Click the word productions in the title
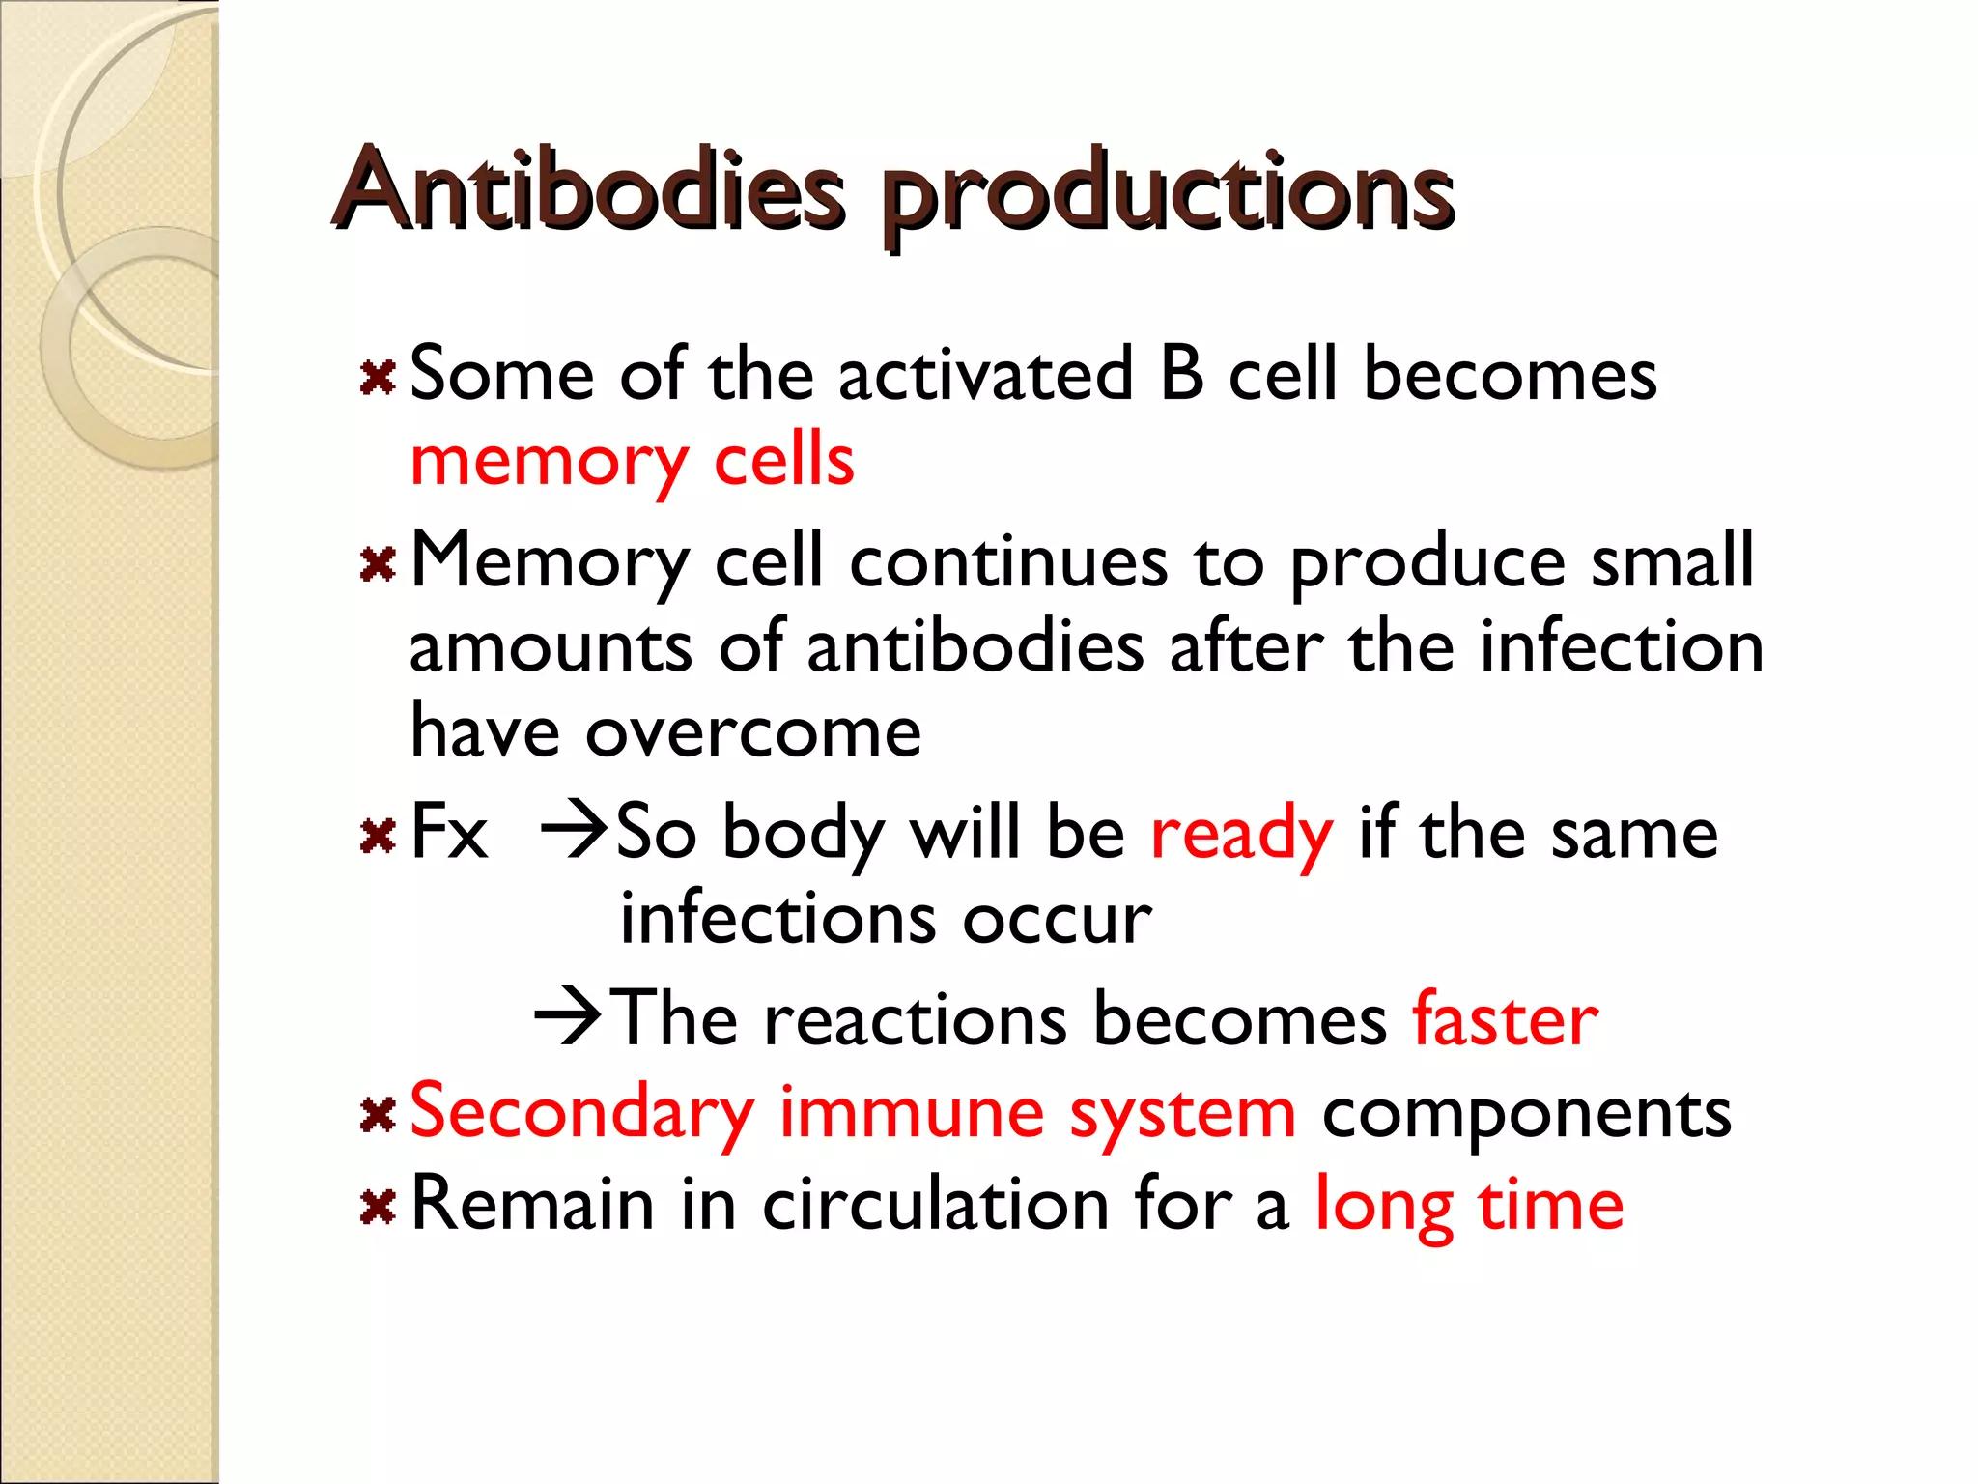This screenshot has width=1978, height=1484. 1167,193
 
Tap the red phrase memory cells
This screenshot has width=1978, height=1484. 632,461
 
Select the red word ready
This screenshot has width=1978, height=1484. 1241,833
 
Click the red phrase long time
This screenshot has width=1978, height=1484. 1469,1205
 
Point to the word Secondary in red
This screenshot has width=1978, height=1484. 581,1113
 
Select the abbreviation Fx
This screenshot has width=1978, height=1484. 449,831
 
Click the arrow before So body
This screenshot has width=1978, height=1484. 574,829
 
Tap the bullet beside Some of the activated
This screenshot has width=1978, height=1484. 378,378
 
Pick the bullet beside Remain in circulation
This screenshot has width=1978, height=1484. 378,1207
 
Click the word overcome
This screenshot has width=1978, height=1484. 752,732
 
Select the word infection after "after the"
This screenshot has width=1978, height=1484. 1622,646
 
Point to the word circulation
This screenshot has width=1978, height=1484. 935,1205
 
